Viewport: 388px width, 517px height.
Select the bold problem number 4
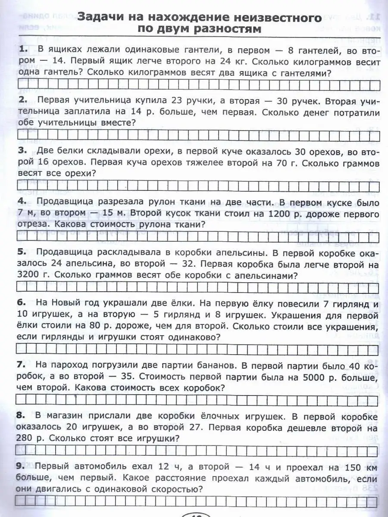(x=22, y=202)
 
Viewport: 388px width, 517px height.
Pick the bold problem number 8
(x=22, y=416)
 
